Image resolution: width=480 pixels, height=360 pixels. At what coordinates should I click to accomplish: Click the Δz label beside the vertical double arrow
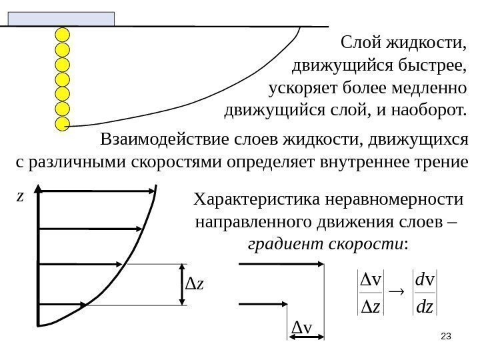(x=196, y=286)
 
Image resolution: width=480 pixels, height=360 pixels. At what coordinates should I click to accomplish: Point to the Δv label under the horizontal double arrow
(x=303, y=328)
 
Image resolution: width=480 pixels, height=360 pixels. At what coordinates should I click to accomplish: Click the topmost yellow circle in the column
(x=62, y=35)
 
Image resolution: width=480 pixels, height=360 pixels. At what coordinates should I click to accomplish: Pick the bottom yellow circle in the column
(x=62, y=123)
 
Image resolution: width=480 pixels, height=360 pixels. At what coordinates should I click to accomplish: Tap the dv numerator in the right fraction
(x=424, y=282)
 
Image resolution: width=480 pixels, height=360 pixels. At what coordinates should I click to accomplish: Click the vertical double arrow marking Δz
(x=183, y=285)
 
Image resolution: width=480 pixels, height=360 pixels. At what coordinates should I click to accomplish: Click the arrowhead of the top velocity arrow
(x=153, y=191)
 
